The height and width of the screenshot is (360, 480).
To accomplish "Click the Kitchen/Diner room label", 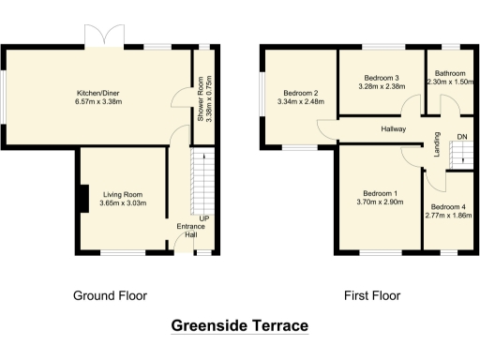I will point(97,93).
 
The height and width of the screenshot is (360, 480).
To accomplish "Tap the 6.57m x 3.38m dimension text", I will point(97,102).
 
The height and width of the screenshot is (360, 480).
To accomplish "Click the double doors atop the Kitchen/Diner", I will point(100,39).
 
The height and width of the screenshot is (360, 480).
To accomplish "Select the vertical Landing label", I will point(437,145).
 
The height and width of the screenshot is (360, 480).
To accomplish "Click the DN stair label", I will point(461,137).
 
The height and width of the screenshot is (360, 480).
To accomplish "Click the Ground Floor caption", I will point(110,295).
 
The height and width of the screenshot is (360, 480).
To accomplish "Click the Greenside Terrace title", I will point(239,326).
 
